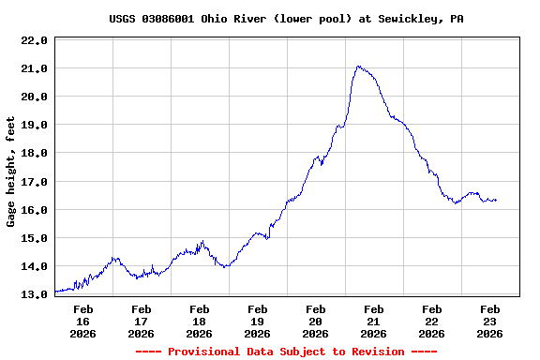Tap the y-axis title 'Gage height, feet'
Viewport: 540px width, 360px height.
[11, 172]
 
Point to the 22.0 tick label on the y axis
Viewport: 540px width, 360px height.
[34, 41]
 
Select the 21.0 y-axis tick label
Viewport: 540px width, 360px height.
[34, 69]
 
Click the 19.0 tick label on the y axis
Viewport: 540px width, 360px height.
[34, 126]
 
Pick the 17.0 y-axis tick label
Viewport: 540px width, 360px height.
[34, 182]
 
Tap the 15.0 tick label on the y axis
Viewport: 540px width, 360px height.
[34, 238]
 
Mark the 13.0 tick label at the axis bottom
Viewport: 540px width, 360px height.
[34, 294]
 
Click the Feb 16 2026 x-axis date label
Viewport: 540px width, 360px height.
[82, 321]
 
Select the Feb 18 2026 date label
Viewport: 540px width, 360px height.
[199, 321]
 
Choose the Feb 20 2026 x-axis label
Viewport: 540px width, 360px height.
[315, 321]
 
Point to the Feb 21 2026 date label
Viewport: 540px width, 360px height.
[373, 321]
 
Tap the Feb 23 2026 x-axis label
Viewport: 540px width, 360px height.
[489, 321]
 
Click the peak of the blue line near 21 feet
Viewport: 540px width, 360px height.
[359, 67]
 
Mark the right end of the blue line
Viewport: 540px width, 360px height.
[496, 200]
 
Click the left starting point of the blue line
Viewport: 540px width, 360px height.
[56, 292]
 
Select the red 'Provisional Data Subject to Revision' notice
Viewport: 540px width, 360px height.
[286, 352]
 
